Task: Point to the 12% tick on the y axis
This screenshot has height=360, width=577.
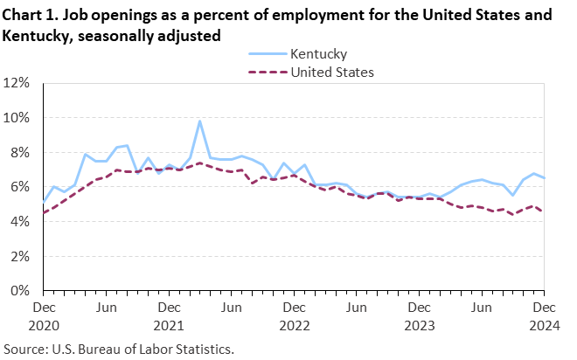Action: point(19,83)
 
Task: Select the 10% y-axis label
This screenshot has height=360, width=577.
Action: point(19,118)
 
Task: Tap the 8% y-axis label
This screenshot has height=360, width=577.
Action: point(22,152)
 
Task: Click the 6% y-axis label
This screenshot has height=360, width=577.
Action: point(22,187)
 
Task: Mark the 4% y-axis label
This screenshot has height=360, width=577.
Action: point(22,221)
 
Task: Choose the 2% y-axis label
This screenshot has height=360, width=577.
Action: point(22,256)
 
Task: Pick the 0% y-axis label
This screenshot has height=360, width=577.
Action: point(22,290)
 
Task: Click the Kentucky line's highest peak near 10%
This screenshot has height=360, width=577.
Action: point(200,121)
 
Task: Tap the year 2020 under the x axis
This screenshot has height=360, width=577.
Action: point(43,324)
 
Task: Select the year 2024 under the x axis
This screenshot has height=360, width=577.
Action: point(544,324)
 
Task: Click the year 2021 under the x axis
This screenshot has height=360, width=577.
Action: point(169,324)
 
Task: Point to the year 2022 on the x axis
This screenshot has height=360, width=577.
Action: point(294,324)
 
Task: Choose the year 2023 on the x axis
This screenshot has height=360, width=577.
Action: point(419,324)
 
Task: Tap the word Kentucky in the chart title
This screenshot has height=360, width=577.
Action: point(36,36)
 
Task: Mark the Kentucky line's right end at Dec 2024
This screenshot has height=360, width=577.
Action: point(544,178)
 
